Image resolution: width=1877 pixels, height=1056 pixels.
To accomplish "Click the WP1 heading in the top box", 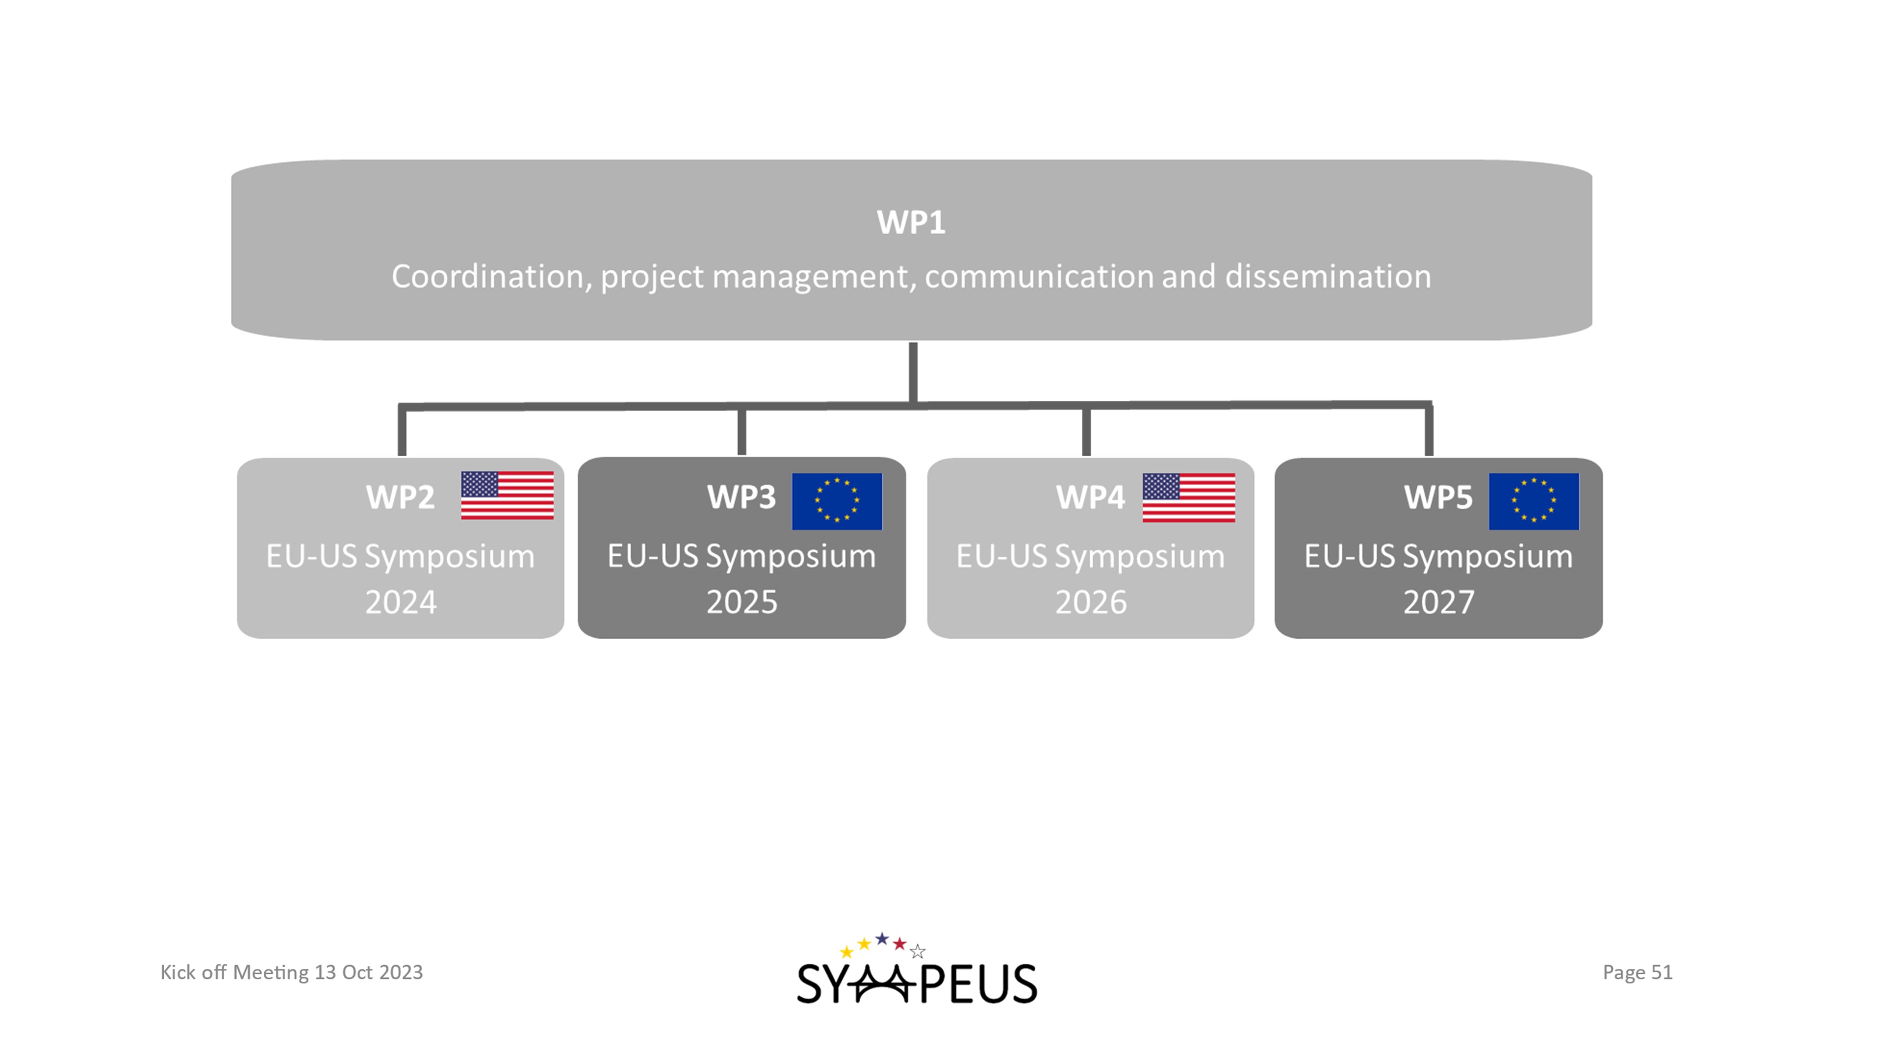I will [x=911, y=223].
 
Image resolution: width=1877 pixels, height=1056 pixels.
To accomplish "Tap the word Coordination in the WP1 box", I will [x=487, y=277].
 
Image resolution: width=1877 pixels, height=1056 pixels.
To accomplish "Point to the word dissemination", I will [x=1328, y=277].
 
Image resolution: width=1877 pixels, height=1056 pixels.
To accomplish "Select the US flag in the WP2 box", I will [x=507, y=496].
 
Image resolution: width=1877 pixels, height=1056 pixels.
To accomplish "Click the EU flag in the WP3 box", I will [x=837, y=501].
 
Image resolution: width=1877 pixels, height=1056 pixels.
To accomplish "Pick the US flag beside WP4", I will [x=1189, y=498].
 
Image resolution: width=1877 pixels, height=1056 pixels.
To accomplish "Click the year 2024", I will [x=401, y=603].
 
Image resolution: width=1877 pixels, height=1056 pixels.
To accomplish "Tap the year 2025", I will [x=742, y=603].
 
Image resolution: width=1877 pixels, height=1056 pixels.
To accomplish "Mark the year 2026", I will [x=1091, y=603].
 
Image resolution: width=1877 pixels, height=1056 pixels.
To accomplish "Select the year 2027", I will [x=1438, y=603].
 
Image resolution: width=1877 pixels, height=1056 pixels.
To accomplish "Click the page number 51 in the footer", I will [x=1661, y=972].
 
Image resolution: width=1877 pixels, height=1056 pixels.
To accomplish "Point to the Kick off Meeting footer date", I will [x=291, y=972].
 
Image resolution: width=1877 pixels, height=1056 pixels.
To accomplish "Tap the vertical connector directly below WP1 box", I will [x=913, y=372].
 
